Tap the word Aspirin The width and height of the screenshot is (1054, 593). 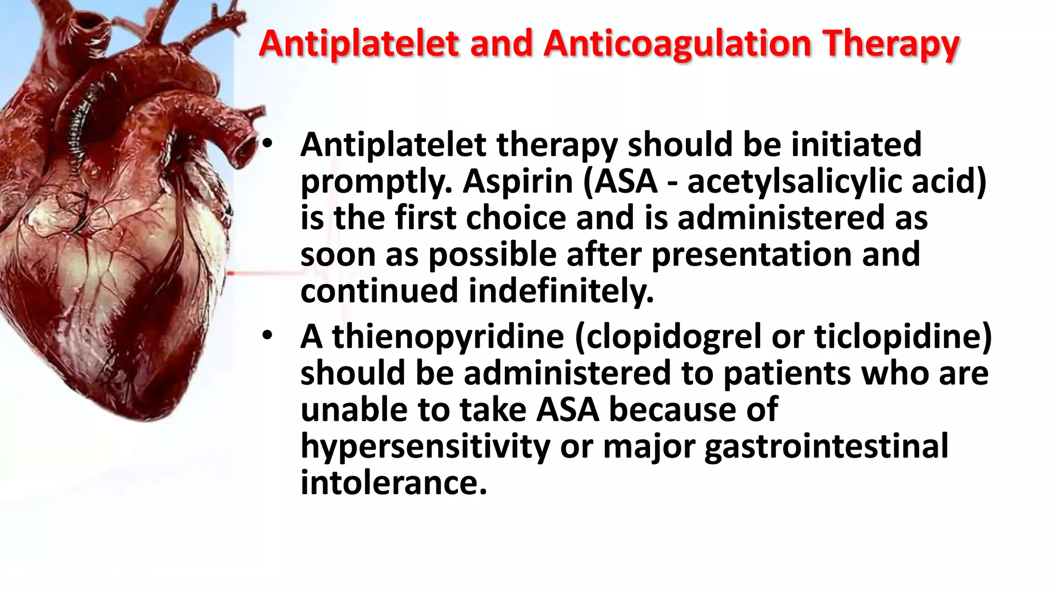coord(518,182)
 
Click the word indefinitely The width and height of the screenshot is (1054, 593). coord(561,291)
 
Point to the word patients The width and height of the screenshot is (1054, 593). coord(787,373)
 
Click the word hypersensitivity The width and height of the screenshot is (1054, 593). coord(425,447)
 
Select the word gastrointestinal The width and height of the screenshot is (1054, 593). coord(826,447)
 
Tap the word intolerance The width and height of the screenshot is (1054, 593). coord(393,483)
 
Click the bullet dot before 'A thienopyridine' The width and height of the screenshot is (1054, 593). coord(267,335)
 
